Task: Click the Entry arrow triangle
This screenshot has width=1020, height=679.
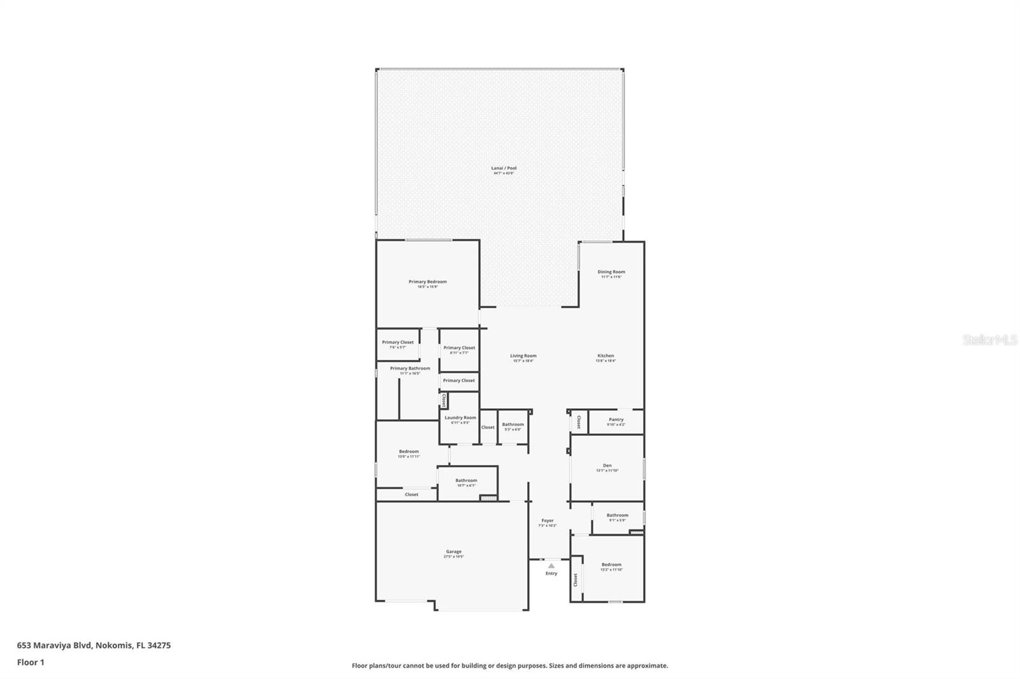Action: point(551,566)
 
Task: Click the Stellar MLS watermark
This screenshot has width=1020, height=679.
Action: point(990,340)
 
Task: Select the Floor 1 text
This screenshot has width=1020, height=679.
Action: point(31,662)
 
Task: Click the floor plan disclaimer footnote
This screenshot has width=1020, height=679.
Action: point(510,666)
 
